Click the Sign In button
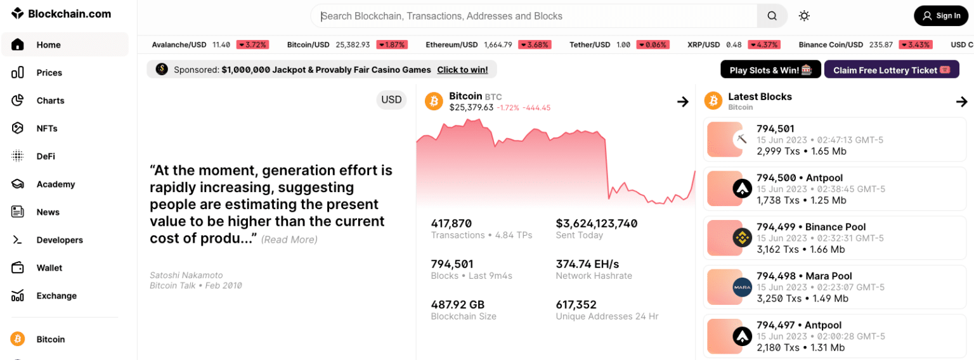pyautogui.click(x=940, y=16)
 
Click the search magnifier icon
pyautogui.click(x=772, y=16)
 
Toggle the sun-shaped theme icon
pyautogui.click(x=804, y=16)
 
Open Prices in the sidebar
pyautogui.click(x=49, y=73)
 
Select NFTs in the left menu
pyautogui.click(x=47, y=129)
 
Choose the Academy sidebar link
pyautogui.click(x=55, y=184)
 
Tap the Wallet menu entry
pyautogui.click(x=49, y=268)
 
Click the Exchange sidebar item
pyautogui.click(x=56, y=296)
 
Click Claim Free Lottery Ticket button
pyautogui.click(x=891, y=70)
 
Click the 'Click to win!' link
pyautogui.click(x=462, y=70)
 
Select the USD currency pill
pyautogui.click(x=391, y=100)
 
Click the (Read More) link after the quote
pyautogui.click(x=289, y=240)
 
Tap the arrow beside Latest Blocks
pyautogui.click(x=961, y=101)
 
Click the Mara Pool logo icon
pyautogui.click(x=742, y=287)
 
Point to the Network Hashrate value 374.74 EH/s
pyautogui.click(x=587, y=264)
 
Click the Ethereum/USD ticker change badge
pyautogui.click(x=534, y=45)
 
